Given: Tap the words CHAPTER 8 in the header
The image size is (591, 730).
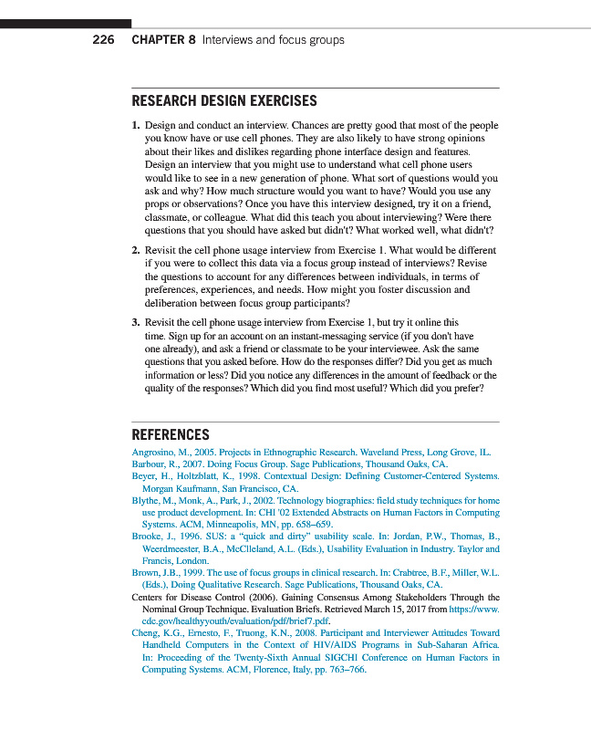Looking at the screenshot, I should (163, 40).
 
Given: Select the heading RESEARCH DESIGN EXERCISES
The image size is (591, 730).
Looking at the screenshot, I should (224, 101).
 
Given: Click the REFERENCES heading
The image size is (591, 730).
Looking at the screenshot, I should (171, 435).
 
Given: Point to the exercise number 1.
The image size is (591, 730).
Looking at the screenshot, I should (135, 125).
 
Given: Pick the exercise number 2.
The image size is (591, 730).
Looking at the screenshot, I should (135, 250).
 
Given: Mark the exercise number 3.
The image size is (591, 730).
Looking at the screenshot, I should (135, 322).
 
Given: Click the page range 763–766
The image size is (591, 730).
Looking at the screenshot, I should (347, 669).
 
